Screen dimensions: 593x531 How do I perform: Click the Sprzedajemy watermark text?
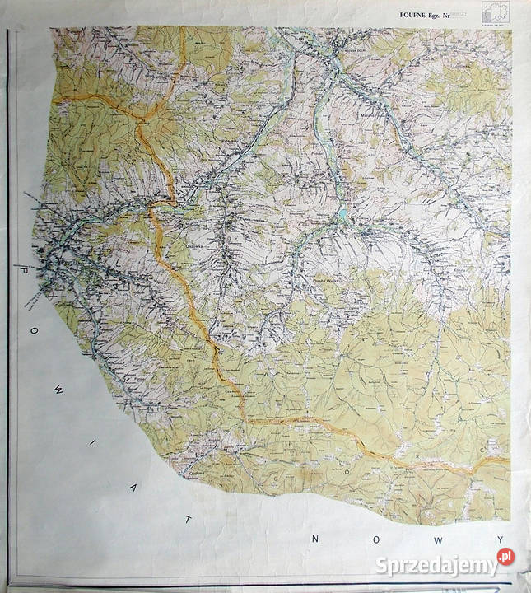click(436, 565)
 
